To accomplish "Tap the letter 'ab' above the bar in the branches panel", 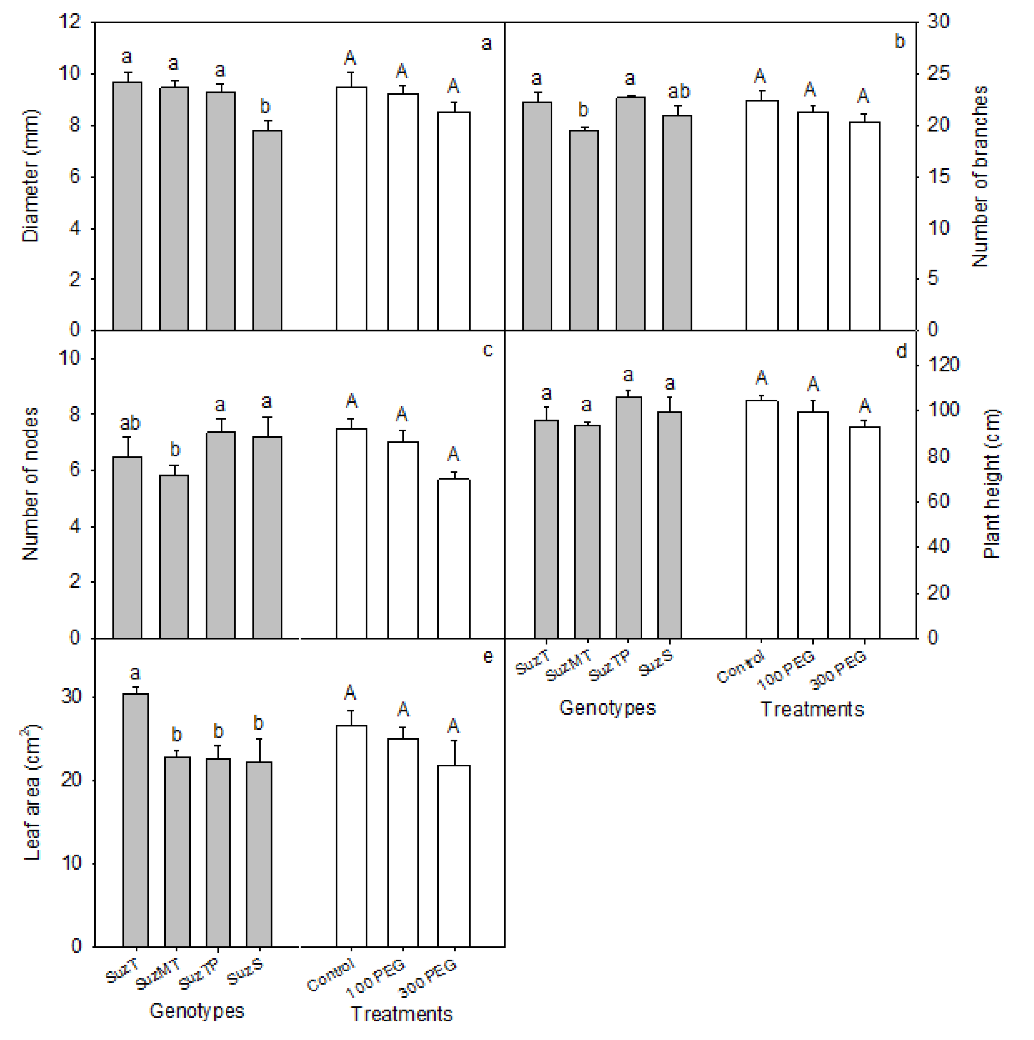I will pyautogui.click(x=678, y=91).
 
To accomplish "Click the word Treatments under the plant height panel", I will pyautogui.click(x=812, y=709).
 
